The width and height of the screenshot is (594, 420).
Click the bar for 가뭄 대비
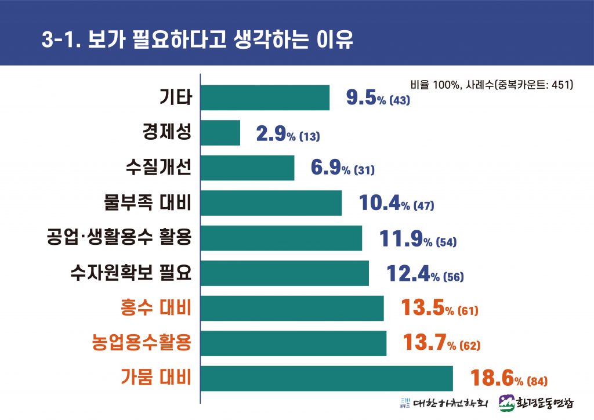327,378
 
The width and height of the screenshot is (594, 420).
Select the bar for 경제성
220,133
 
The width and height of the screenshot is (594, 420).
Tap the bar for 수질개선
248,168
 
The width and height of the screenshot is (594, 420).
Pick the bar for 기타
265,97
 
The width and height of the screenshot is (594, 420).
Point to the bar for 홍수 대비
292,308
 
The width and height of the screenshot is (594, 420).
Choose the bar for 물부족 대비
271,203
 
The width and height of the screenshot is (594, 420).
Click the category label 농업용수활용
142,343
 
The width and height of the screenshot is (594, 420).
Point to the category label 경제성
167,133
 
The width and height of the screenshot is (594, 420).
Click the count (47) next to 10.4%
423,206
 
